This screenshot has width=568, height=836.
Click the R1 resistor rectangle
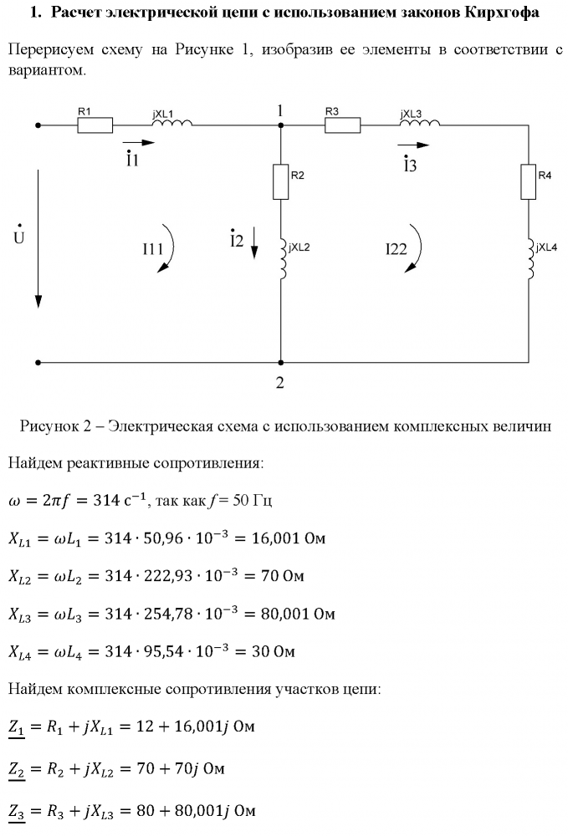point(95,125)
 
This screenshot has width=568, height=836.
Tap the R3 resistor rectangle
point(342,125)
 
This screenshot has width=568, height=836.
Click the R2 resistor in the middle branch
point(280,181)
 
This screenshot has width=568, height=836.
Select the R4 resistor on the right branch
point(527,181)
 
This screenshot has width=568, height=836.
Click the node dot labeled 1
point(280,125)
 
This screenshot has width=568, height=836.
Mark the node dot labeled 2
point(280,363)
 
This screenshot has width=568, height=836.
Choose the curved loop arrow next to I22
point(415,248)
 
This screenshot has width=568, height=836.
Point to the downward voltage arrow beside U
point(38,238)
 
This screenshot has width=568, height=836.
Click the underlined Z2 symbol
point(17,767)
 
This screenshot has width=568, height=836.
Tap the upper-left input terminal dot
point(38,125)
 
